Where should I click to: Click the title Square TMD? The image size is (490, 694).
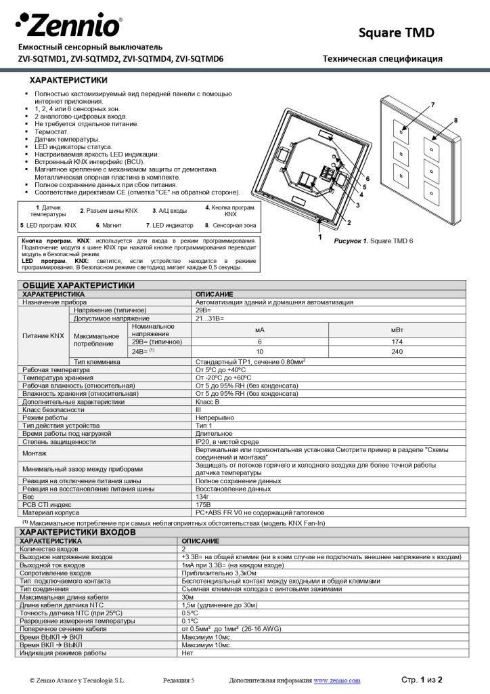[396, 33]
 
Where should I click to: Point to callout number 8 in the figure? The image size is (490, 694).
[455, 120]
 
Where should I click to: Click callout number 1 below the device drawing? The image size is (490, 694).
[320, 238]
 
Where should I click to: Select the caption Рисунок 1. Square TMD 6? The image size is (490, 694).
[374, 241]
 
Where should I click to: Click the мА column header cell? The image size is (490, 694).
[259, 329]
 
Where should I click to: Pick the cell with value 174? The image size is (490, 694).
[397, 342]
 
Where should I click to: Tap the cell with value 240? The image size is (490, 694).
[397, 352]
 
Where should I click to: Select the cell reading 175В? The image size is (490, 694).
[203, 505]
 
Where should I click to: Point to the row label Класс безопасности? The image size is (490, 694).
[53, 410]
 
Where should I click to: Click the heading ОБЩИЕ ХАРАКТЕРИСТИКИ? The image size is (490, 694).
[79, 285]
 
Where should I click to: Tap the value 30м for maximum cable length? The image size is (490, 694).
[187, 597]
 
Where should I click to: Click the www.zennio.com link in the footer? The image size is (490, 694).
[336, 680]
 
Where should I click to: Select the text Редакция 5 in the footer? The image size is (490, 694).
[178, 680]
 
